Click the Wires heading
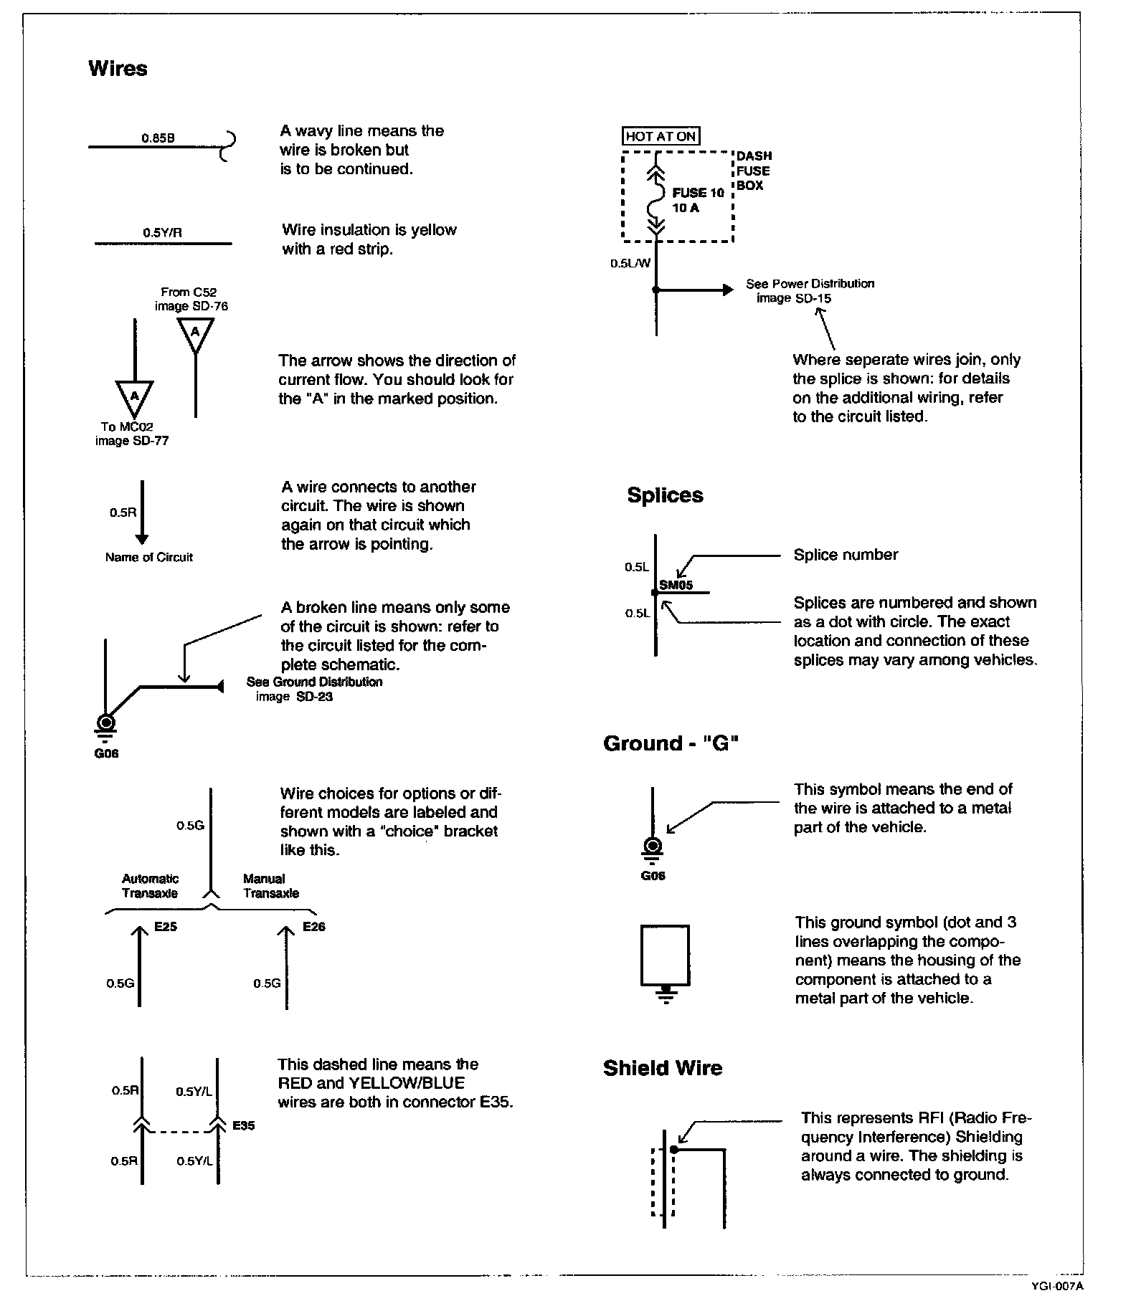(x=118, y=69)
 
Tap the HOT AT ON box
(x=661, y=136)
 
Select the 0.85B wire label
(x=158, y=138)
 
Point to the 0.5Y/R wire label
(x=162, y=233)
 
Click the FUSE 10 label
(x=698, y=193)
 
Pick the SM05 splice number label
(x=676, y=585)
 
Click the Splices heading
(x=665, y=495)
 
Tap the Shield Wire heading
(x=663, y=1068)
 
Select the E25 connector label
(x=165, y=927)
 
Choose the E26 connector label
(x=313, y=927)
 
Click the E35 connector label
(x=244, y=1125)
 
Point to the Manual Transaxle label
(x=270, y=886)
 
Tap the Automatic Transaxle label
(x=150, y=886)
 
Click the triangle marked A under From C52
(x=195, y=332)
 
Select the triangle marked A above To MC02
(x=133, y=395)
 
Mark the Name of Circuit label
(x=149, y=558)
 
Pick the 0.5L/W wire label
(x=630, y=263)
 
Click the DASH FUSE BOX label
(x=754, y=171)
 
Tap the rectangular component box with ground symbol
(x=665, y=955)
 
